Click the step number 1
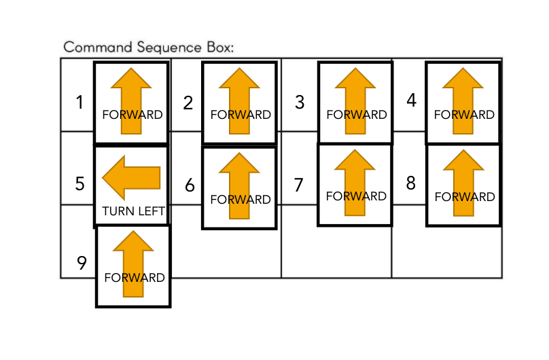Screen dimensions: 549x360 click(x=79, y=103)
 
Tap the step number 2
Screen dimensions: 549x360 click(x=188, y=103)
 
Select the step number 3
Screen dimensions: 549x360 click(x=300, y=102)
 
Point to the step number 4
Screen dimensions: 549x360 click(x=411, y=100)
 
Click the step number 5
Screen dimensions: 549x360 click(x=79, y=183)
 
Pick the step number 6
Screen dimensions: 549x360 click(x=190, y=185)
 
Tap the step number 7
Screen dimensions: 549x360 click(x=298, y=185)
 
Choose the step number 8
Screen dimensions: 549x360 click(x=410, y=183)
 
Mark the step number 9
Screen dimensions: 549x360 click(x=82, y=263)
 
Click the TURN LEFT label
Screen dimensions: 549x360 click(x=133, y=211)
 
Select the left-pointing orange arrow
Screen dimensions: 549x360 click(x=131, y=178)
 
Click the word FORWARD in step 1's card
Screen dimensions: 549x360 click(x=132, y=115)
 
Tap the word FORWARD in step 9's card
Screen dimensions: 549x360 click(x=135, y=278)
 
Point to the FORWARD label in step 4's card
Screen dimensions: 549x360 click(x=464, y=115)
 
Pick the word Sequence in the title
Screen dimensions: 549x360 click(x=169, y=48)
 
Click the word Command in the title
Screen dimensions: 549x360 click(x=98, y=48)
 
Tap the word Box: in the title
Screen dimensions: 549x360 click(x=220, y=48)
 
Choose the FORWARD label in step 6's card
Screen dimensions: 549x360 click(x=241, y=200)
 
